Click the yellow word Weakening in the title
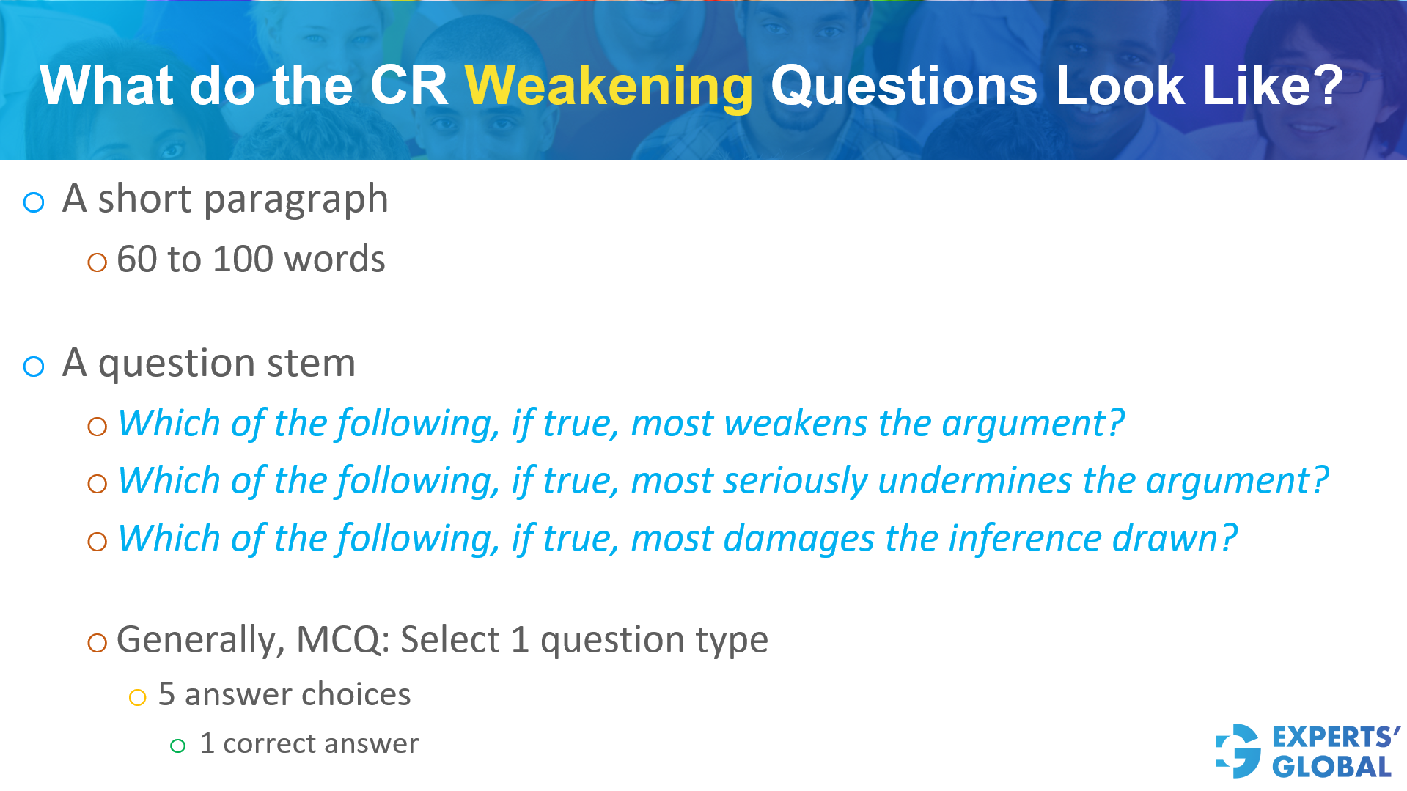pyautogui.click(x=609, y=87)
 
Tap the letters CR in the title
pyautogui.click(x=408, y=86)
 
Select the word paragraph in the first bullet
pyautogui.click(x=295, y=200)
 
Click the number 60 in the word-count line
pyautogui.click(x=138, y=260)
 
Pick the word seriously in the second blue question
pyautogui.click(x=795, y=481)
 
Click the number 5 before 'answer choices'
pyautogui.click(x=166, y=694)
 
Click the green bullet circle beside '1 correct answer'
pyautogui.click(x=177, y=746)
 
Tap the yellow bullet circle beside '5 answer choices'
pyautogui.click(x=137, y=697)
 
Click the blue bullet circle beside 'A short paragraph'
pyautogui.click(x=34, y=202)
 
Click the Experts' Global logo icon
pyautogui.click(x=1238, y=751)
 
